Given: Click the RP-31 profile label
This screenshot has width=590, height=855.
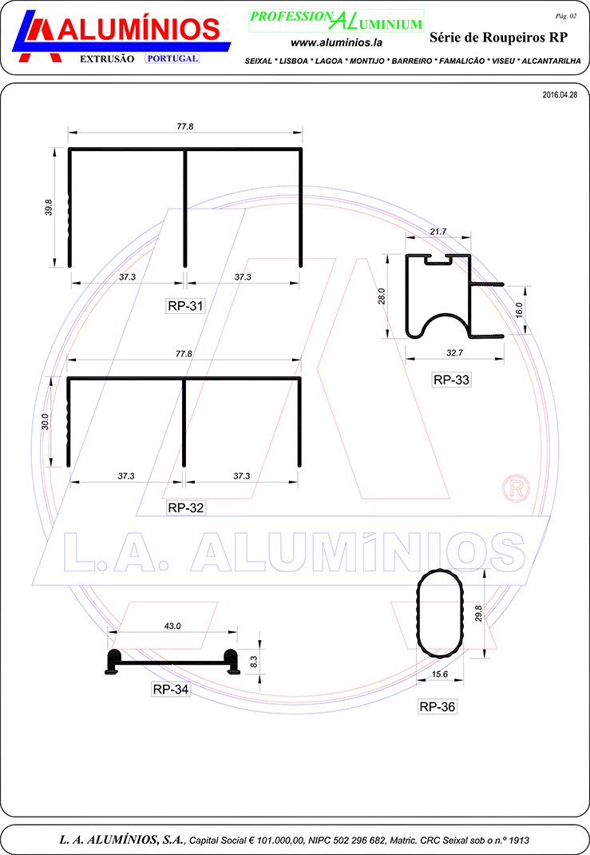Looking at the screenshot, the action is click(x=186, y=306).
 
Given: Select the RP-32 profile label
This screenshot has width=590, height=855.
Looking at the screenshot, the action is click(x=186, y=507).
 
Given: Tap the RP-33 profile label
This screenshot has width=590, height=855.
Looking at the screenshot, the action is click(x=451, y=380).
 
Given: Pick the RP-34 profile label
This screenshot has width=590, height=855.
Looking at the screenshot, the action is click(x=171, y=690).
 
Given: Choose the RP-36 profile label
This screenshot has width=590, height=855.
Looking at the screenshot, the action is click(x=437, y=706).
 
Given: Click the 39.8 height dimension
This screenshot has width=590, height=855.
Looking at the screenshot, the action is click(x=49, y=207).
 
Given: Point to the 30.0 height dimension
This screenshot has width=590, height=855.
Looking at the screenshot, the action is click(x=46, y=421).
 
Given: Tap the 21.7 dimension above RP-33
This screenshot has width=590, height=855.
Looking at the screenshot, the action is click(x=438, y=232).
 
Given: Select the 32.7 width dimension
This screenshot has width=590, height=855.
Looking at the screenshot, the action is click(x=455, y=353).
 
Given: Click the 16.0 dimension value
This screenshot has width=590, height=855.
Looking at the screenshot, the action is click(x=519, y=310).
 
